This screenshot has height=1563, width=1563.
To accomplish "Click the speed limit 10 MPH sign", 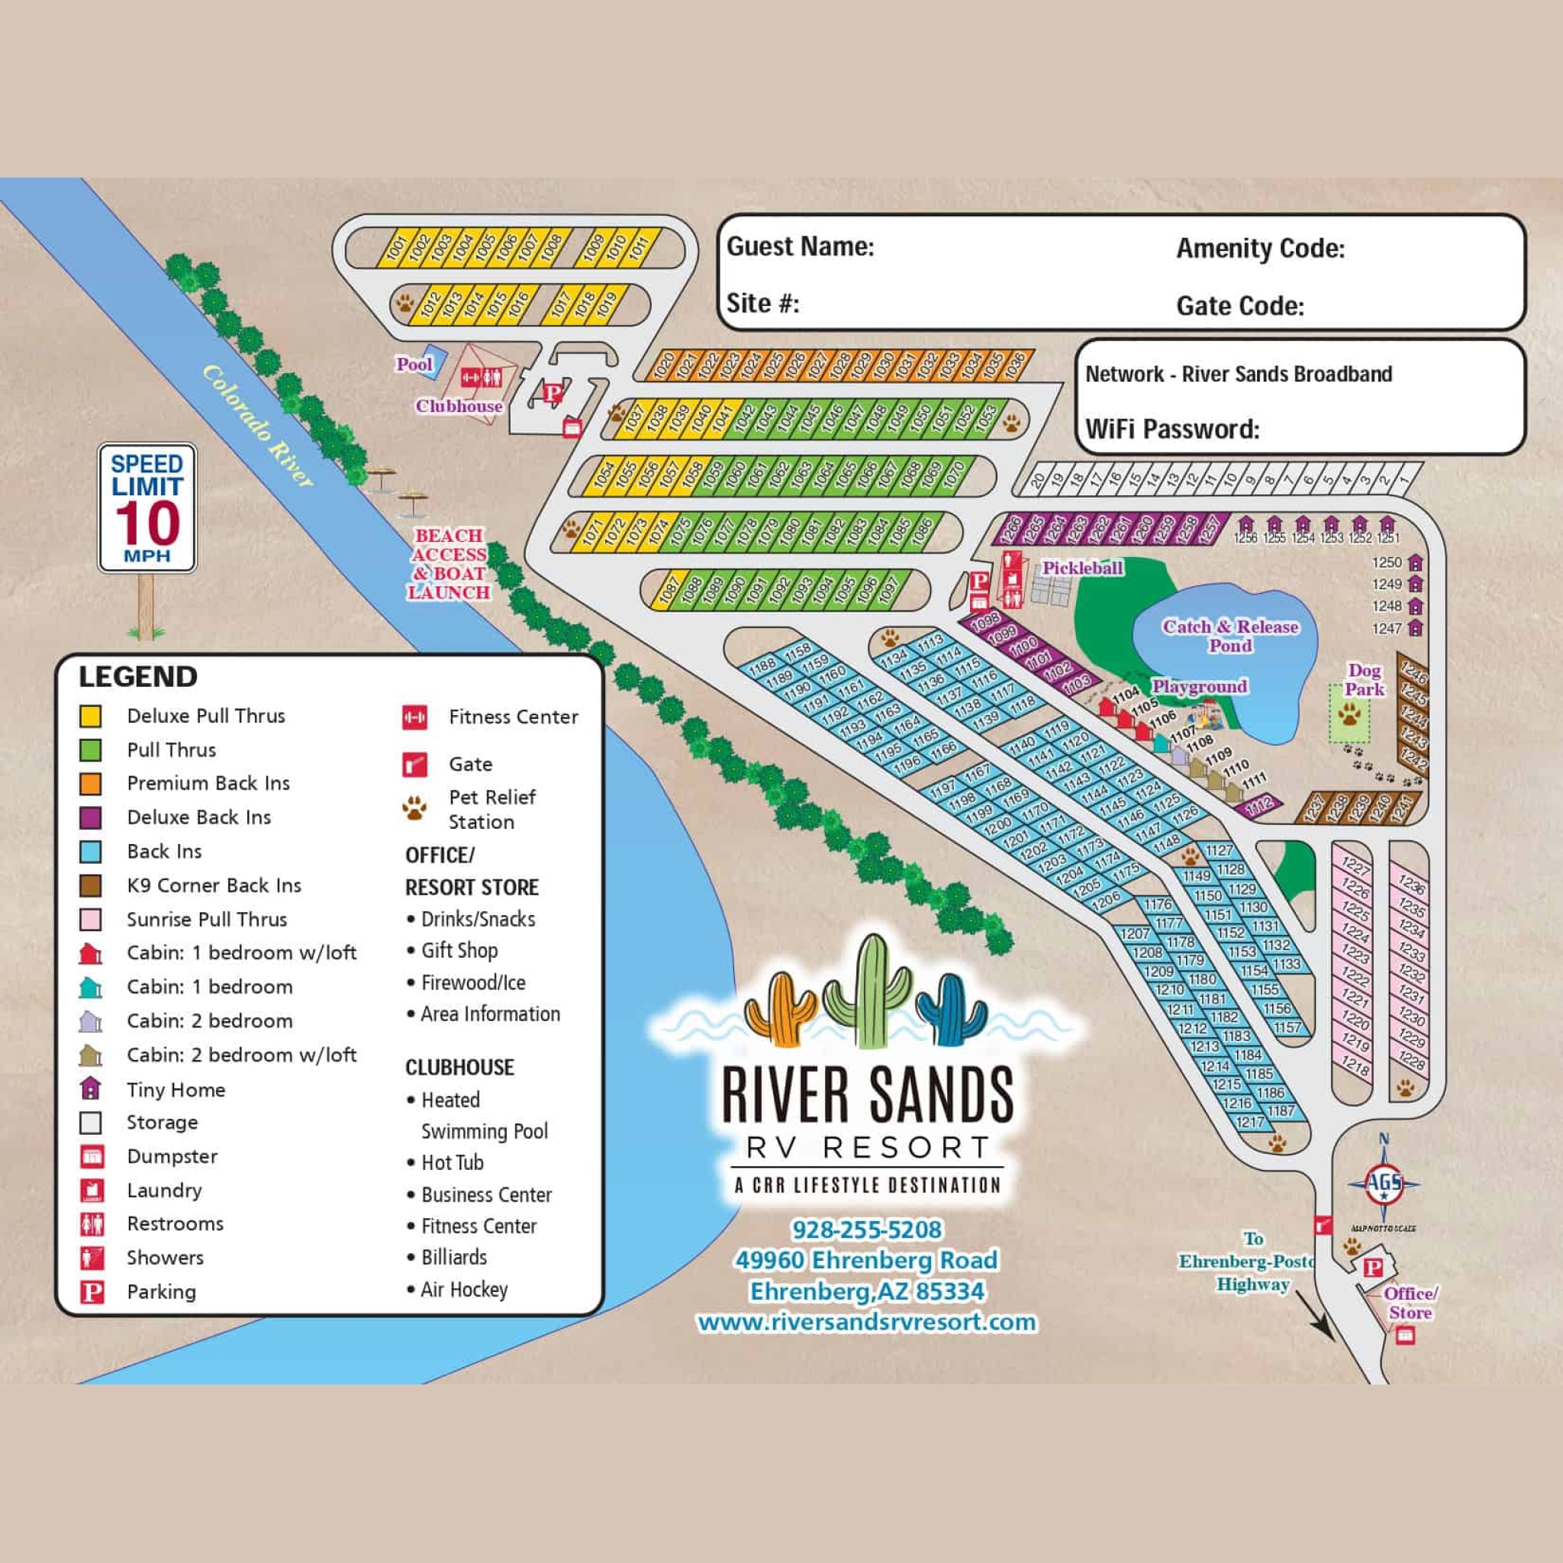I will (x=147, y=508).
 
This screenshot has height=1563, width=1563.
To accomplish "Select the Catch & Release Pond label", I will (x=1229, y=635).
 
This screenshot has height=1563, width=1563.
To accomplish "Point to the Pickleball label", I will (x=1081, y=568).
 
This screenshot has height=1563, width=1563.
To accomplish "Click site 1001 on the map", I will (x=395, y=247).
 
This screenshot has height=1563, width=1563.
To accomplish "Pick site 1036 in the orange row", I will (x=1014, y=365).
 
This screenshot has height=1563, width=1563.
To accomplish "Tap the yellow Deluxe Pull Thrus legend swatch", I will (x=91, y=716).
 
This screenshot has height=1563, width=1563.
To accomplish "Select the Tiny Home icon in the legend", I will (x=91, y=1089).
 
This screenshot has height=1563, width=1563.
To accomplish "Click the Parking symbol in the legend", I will (x=92, y=1292).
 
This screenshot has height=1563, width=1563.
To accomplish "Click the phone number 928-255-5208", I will (x=866, y=1229).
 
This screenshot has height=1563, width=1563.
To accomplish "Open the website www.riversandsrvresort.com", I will (x=866, y=1322).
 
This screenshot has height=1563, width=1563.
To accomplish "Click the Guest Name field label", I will (x=800, y=247).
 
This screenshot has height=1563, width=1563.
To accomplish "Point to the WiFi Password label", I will (x=1171, y=429).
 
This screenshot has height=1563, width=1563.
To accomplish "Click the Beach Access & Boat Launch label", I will (x=449, y=564).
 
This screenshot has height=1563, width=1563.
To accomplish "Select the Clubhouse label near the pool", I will (x=459, y=406).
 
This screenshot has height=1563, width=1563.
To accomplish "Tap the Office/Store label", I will (x=1410, y=1303).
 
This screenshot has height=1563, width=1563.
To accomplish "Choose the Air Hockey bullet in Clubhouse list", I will (x=463, y=1290).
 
